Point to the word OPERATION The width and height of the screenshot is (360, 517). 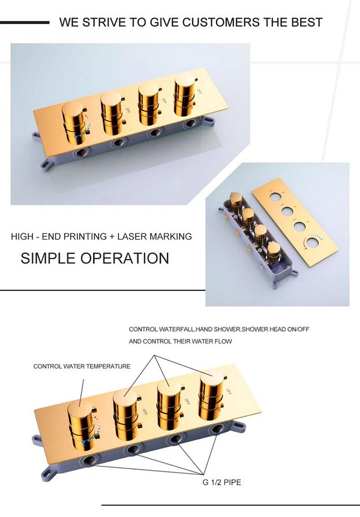coord(125,258)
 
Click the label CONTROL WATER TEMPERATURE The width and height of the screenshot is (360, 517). coord(82,366)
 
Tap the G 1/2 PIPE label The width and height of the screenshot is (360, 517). coord(222,482)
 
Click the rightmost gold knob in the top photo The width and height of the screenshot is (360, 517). coord(185,95)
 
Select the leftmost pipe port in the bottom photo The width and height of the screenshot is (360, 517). coord(90,460)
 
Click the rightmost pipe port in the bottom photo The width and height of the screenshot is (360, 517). coord(217,429)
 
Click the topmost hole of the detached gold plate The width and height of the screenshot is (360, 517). coord(275,198)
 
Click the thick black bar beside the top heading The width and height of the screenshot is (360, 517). coord(25,22)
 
